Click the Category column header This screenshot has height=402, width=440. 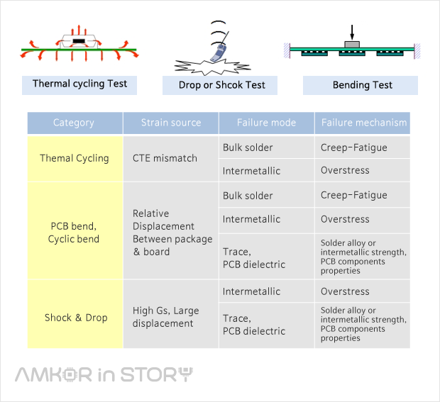coord(74,123)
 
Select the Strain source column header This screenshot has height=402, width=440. coord(170,123)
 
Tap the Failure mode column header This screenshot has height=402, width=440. coord(266,123)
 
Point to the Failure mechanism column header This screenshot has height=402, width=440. coord(363,123)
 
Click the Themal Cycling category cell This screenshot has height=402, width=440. coord(75,158)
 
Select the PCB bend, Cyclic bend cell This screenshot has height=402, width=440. coord(75,232)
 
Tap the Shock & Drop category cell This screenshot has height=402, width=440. coord(75,317)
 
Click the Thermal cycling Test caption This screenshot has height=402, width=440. coord(79,84)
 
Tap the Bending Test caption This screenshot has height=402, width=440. coord(362,85)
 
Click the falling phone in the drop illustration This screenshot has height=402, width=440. coord(221,50)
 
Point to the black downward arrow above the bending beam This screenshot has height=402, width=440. coord(351,33)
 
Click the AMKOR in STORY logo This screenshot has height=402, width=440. coord(104,374)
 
